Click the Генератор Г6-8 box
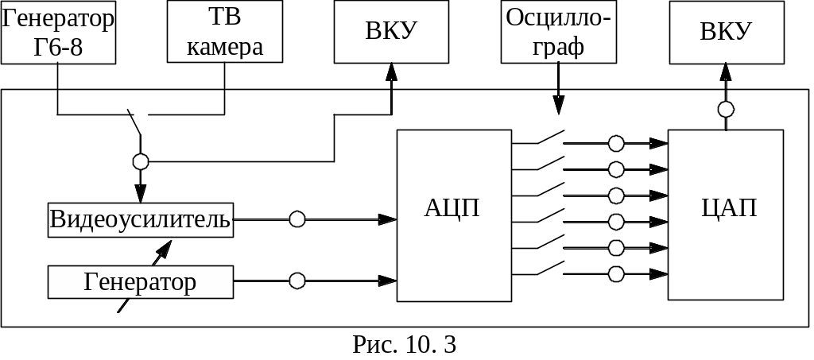pos(58,32)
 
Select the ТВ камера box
pos(225,32)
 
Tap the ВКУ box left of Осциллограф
pos(391,32)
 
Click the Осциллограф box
pos(558,32)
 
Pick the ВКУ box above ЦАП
pos(726,32)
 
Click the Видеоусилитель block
pos(141,219)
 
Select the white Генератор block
pos(141,282)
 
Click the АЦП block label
pos(453,209)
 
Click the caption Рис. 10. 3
pos(405,345)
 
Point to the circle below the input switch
pos(141,162)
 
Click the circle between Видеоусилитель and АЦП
pos(297,219)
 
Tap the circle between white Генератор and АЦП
pos(297,281)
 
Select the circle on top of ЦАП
pos(726,110)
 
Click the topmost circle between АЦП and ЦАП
pos(615,143)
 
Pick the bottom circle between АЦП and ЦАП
pos(615,274)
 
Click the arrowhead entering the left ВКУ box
pos(391,72)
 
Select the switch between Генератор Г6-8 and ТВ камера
pos(135,123)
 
